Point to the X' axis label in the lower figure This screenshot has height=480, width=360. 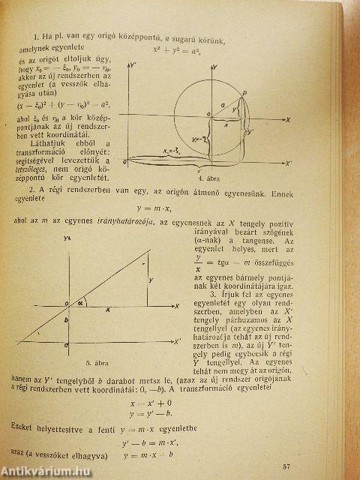click(177, 340)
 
